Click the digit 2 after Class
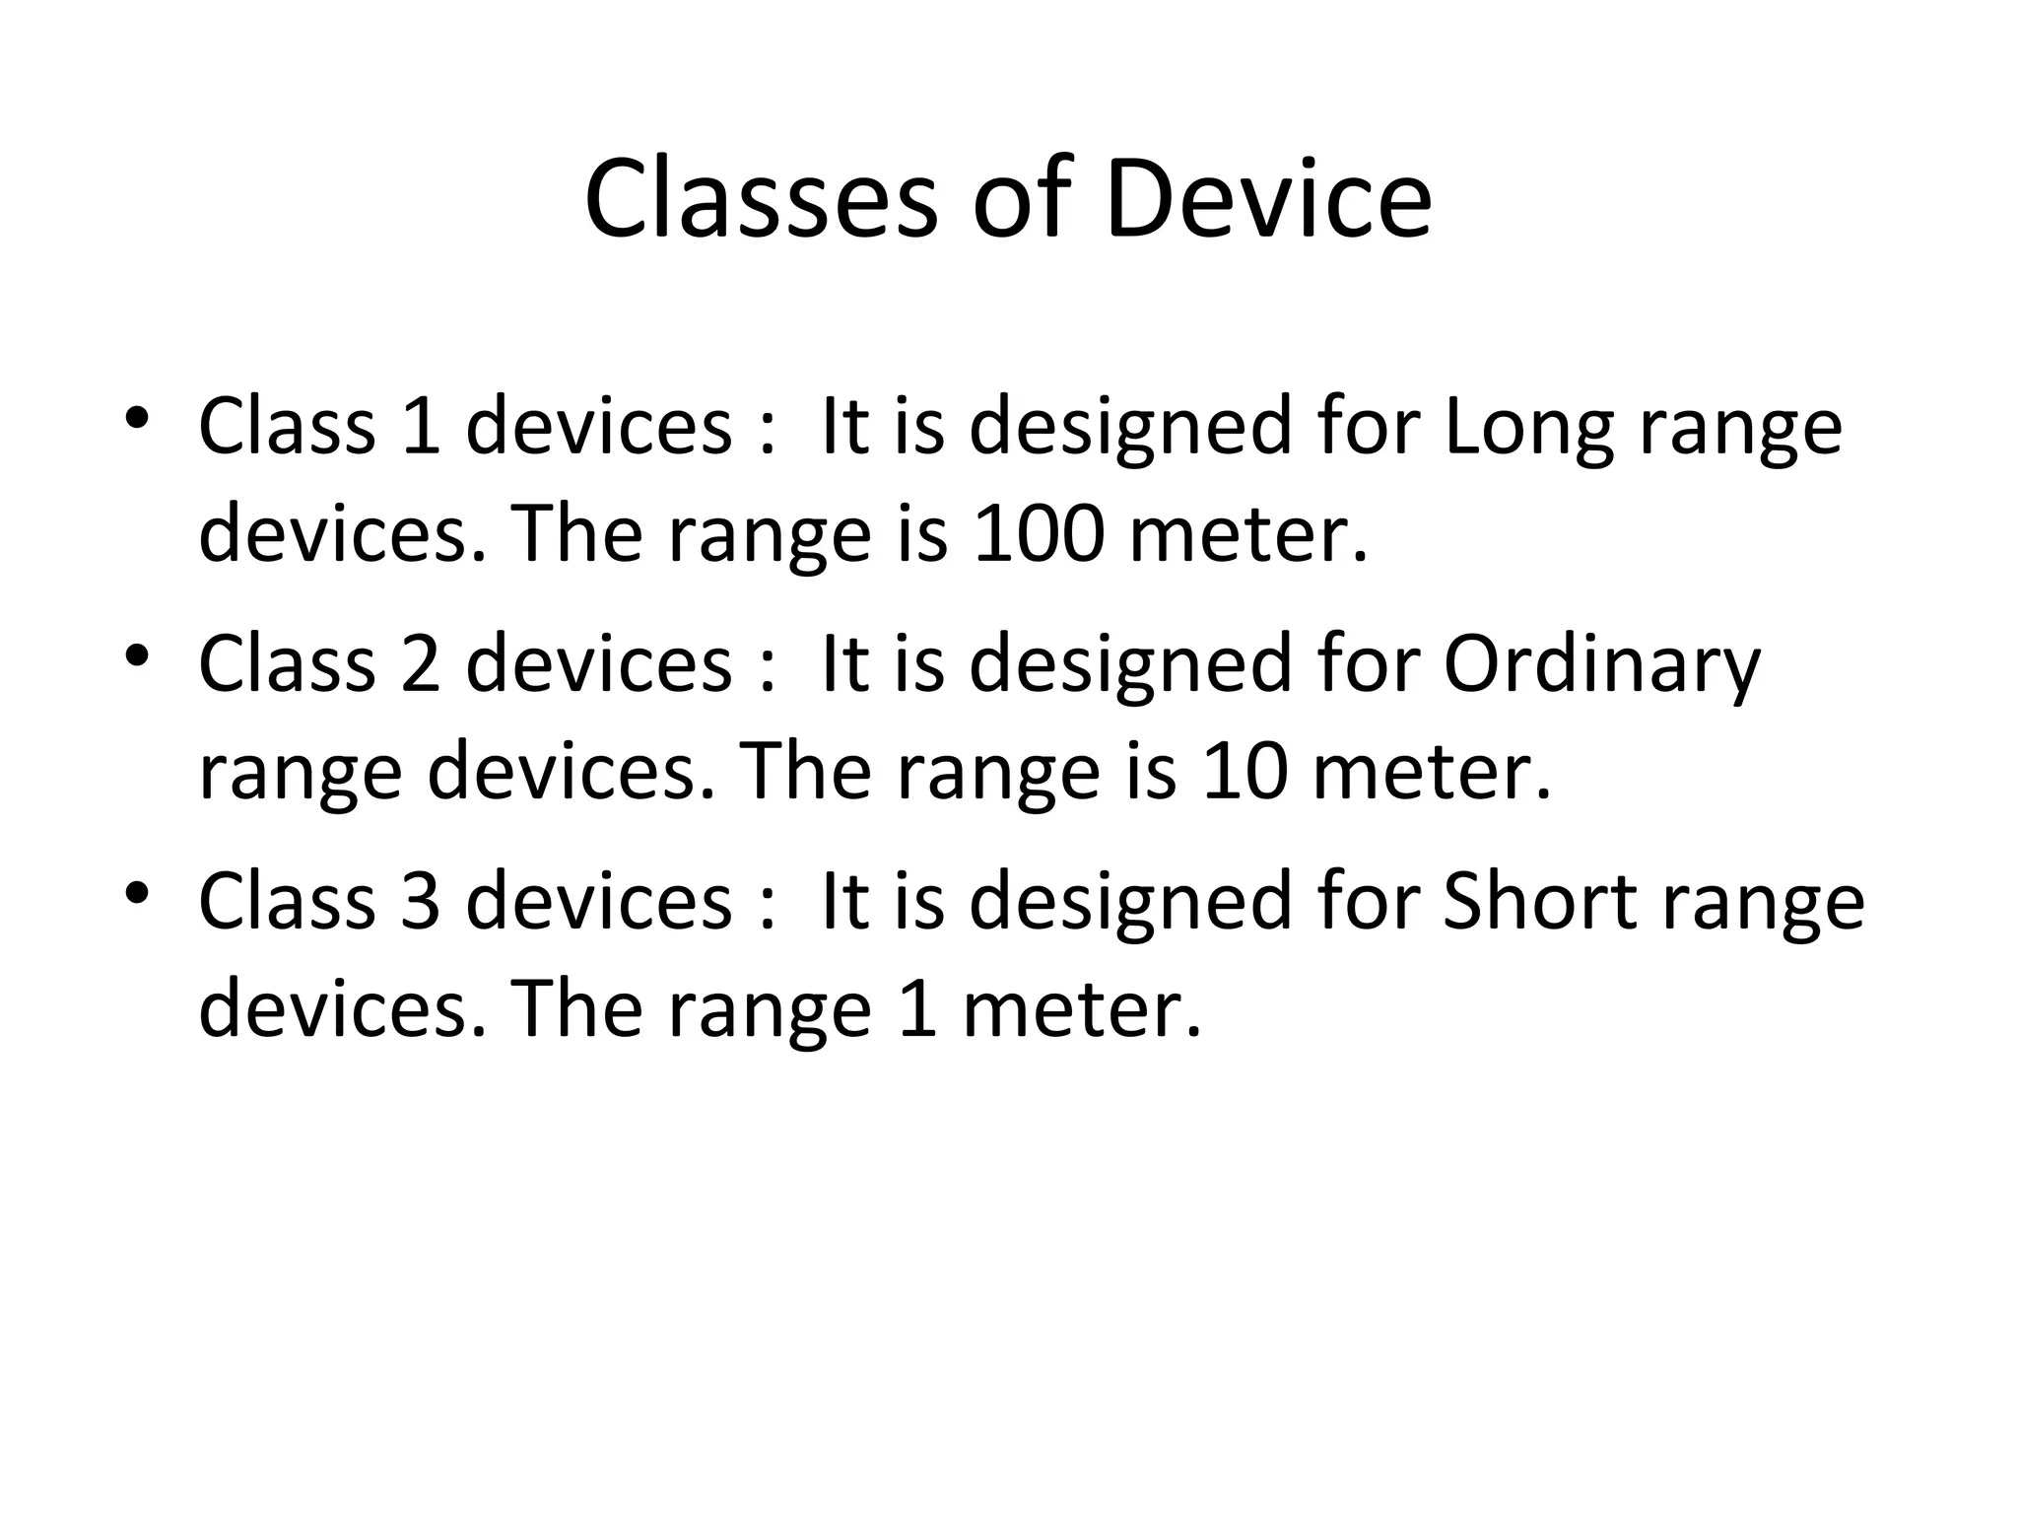click(x=421, y=664)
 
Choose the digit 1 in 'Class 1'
click(x=421, y=427)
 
